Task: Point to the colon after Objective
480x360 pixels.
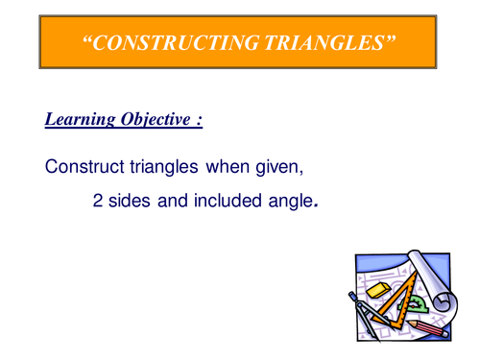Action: tap(199, 122)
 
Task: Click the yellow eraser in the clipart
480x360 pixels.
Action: tap(378, 287)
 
